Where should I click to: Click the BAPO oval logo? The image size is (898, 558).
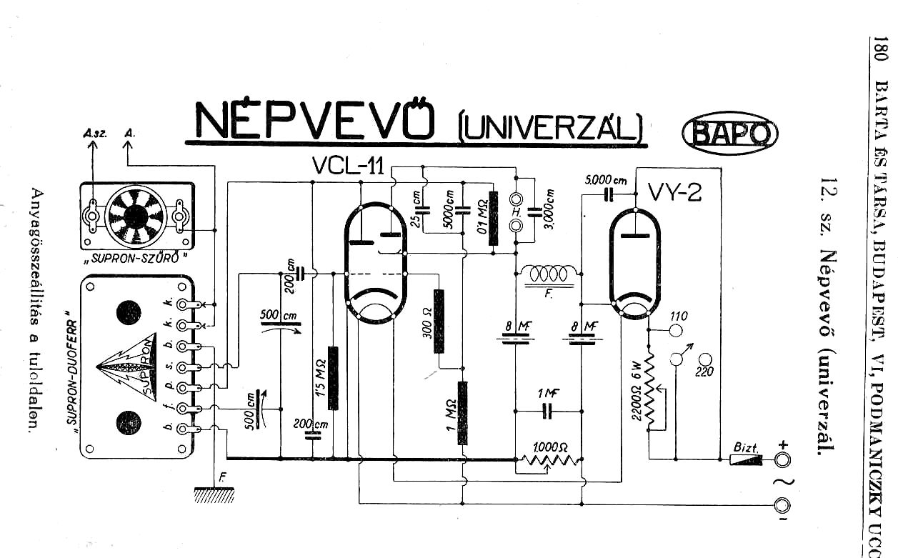[729, 133]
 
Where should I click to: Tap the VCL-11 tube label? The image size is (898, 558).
[349, 166]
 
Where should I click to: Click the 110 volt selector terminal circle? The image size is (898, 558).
[675, 330]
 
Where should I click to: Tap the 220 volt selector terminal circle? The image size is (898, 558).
[705, 359]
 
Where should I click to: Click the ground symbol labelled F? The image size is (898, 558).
[214, 492]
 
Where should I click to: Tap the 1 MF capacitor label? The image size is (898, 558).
[548, 393]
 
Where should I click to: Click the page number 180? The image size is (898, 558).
[879, 52]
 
